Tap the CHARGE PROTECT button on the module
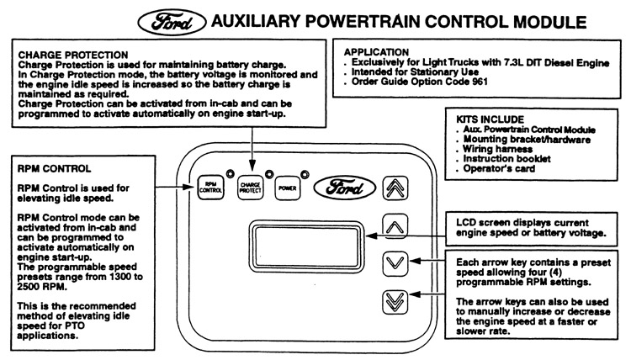click(x=250, y=187)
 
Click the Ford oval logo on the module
click(x=340, y=186)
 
